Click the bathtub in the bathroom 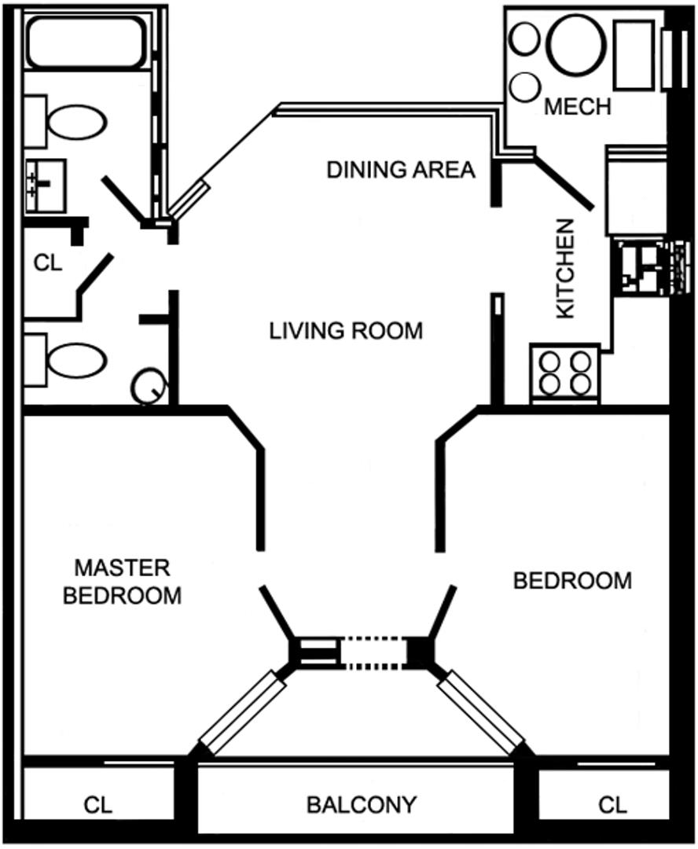(x=86, y=41)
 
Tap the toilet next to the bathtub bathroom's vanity (x=75, y=123)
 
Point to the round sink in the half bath (x=149, y=386)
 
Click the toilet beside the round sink (x=75, y=360)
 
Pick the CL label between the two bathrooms (x=48, y=263)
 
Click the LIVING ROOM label (x=346, y=330)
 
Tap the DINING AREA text (x=401, y=169)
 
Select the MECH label (x=578, y=106)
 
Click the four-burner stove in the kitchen (x=564, y=373)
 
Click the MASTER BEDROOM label (x=122, y=582)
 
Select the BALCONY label (x=361, y=805)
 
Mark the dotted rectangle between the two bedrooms (x=373, y=653)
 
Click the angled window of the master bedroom (x=242, y=713)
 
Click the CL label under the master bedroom (x=98, y=805)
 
